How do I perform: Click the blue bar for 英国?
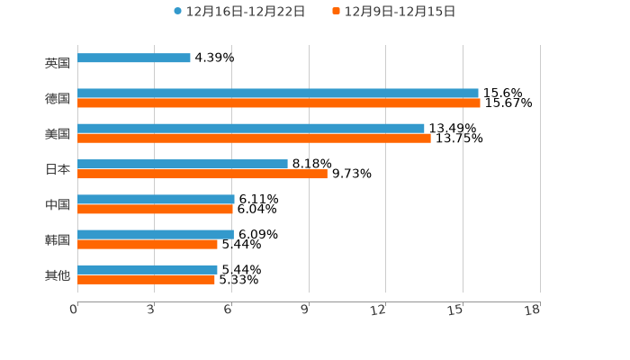(134, 58)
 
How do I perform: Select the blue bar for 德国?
(278, 93)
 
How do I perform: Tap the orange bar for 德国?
(279, 103)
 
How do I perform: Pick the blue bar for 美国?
(251, 128)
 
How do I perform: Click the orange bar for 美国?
(254, 139)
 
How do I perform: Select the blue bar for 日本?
(183, 164)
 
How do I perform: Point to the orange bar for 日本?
(202, 174)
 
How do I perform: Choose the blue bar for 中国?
(156, 199)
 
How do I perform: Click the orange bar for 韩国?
(148, 244)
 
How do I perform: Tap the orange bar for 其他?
(146, 280)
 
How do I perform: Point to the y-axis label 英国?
(58, 63)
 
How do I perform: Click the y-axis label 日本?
(58, 169)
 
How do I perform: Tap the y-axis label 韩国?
(58, 239)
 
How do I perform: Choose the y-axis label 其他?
(58, 274)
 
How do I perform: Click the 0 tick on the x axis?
(75, 310)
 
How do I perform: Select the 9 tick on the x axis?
(305, 310)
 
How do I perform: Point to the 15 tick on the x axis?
(457, 310)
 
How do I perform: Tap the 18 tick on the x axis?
(534, 310)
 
